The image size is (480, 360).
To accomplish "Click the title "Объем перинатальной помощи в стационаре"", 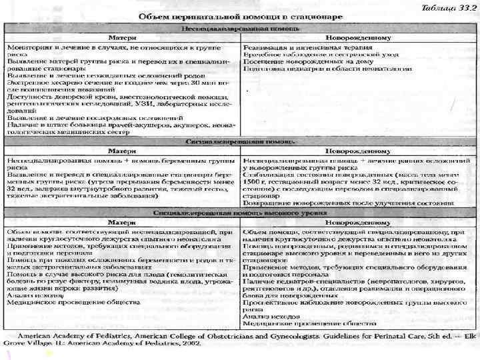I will pyautogui.click(x=241, y=15).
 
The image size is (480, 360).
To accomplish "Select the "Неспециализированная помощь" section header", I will pyautogui.click(x=241, y=30).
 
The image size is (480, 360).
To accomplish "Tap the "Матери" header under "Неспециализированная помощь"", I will pyautogui.click(x=123, y=39).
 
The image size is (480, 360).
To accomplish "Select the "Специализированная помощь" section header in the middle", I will pyautogui.click(x=241, y=141).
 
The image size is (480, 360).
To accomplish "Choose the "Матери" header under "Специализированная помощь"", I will pyautogui.click(x=123, y=151).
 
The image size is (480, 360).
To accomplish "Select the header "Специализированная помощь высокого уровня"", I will pyautogui.click(x=241, y=211).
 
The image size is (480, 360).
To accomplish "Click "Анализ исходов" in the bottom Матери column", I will pyautogui.click(x=29, y=295).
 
